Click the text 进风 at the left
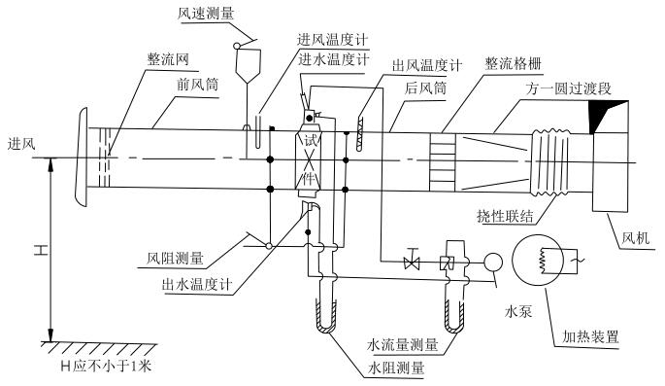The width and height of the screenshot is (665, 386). click(21, 144)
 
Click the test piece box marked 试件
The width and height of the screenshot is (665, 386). click(311, 159)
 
